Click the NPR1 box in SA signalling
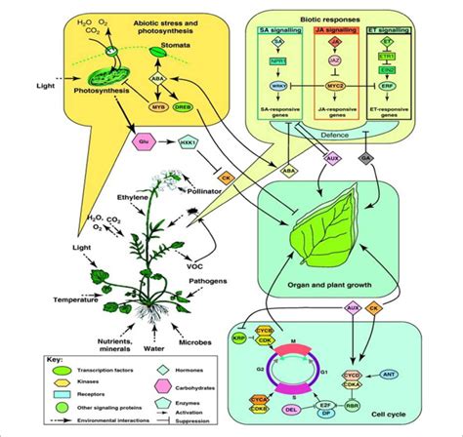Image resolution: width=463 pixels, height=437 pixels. pyautogui.click(x=277, y=60)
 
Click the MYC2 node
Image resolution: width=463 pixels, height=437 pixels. pyautogui.click(x=336, y=86)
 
